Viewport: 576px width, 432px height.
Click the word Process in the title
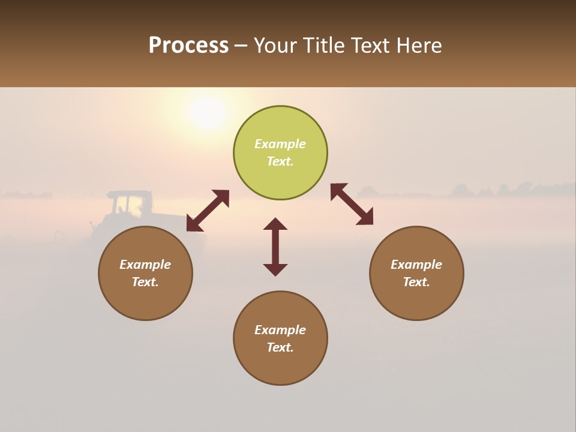[188, 46]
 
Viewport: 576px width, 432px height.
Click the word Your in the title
[276, 46]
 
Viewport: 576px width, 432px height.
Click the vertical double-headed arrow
[275, 247]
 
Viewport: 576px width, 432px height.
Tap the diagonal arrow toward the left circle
[208, 211]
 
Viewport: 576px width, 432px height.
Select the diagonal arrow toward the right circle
[352, 204]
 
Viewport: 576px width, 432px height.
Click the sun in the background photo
[207, 112]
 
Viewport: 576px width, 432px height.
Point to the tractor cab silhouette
[128, 204]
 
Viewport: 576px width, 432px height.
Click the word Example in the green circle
[280, 144]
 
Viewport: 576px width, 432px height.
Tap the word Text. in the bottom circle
[280, 347]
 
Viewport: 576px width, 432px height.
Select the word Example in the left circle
[145, 265]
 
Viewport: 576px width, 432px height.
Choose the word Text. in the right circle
[416, 282]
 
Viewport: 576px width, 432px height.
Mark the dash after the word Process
[241, 46]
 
